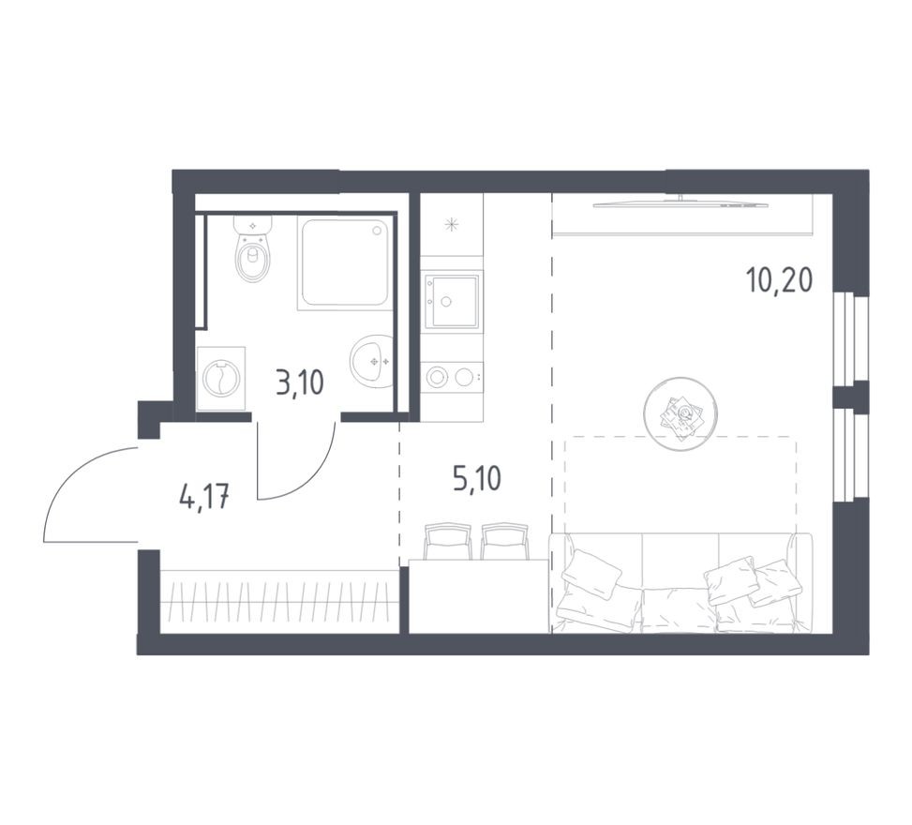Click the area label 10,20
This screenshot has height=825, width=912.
(x=780, y=281)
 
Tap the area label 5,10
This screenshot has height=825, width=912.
(x=476, y=479)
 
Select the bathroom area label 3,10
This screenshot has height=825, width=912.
(x=300, y=384)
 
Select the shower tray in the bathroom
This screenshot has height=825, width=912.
(x=344, y=262)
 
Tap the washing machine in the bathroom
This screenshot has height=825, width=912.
(x=221, y=379)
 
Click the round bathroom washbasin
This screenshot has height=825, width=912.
(x=372, y=361)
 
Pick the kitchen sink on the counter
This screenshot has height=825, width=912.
(x=452, y=301)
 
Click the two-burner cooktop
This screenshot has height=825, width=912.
(x=452, y=377)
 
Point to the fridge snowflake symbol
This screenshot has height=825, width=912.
(x=451, y=225)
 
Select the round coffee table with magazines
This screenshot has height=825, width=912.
(x=680, y=413)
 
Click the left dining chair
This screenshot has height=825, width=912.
(x=447, y=541)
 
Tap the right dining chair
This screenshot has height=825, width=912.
(x=504, y=541)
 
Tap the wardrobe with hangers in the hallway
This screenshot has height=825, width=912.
(x=279, y=602)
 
